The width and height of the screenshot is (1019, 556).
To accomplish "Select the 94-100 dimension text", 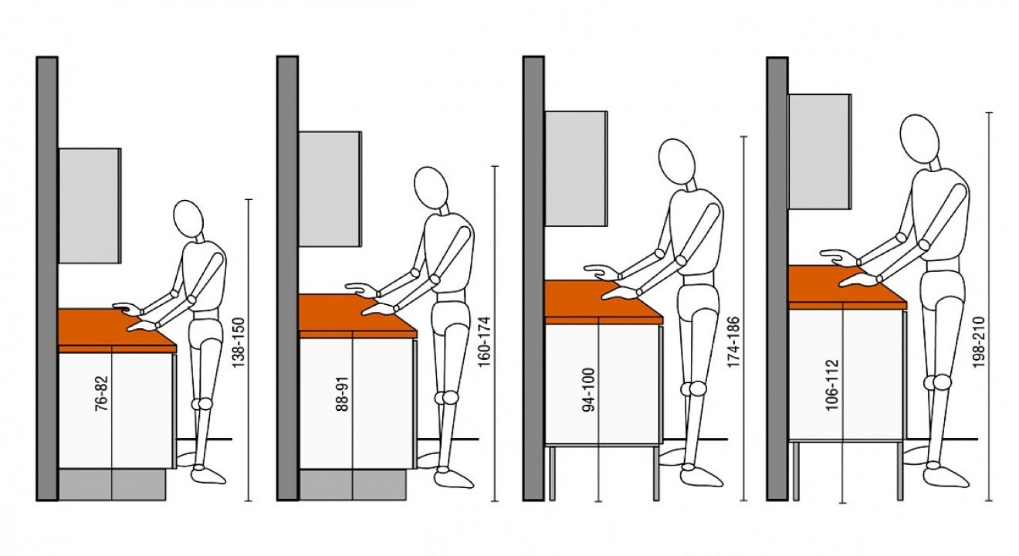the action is click(589, 391).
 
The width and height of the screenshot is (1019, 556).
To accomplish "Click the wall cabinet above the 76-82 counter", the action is click(90, 206).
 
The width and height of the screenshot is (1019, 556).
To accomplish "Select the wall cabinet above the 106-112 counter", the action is click(820, 151).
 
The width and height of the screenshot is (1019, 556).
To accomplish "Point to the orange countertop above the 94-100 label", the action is click(603, 302).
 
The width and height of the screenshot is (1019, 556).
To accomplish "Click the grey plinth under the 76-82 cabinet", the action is click(113, 484).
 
